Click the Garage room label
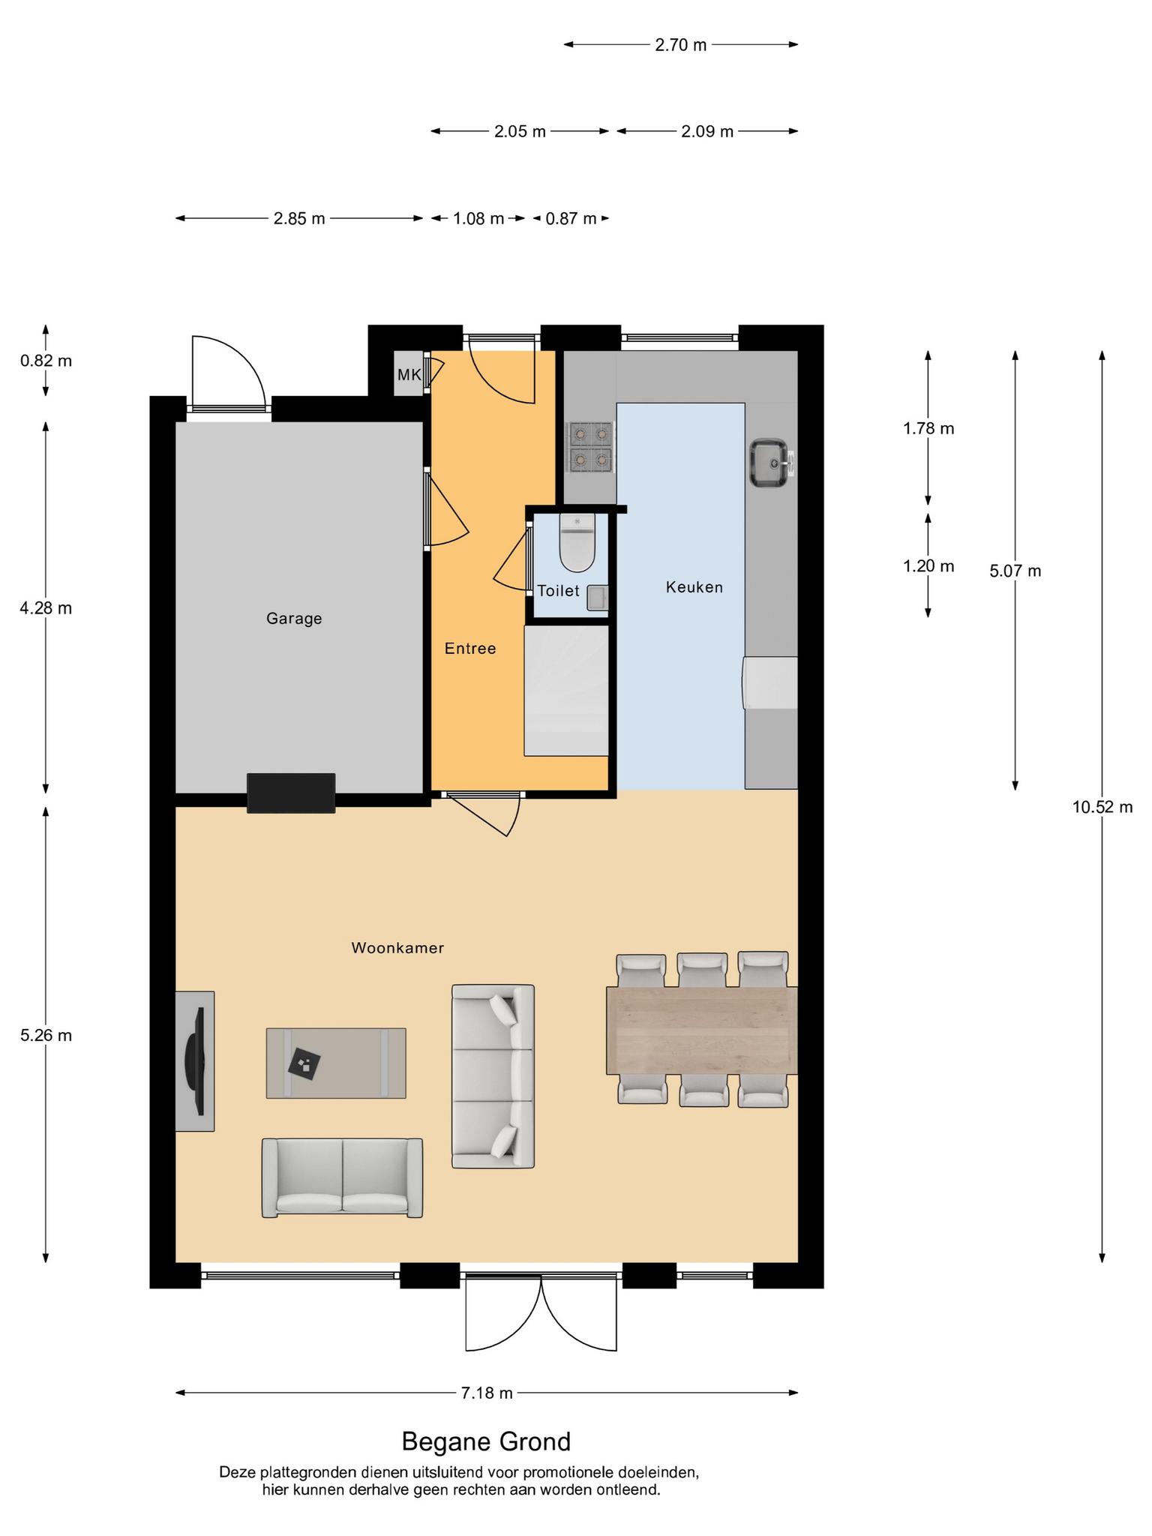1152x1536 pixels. (x=294, y=619)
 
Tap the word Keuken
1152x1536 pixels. (x=694, y=587)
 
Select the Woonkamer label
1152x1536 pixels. (x=397, y=948)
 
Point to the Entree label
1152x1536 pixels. (x=470, y=649)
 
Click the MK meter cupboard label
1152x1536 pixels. (x=409, y=374)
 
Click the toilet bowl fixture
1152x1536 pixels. (x=577, y=542)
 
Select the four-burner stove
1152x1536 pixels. (x=591, y=448)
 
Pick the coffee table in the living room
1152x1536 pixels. (x=336, y=1063)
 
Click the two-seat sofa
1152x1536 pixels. (x=342, y=1178)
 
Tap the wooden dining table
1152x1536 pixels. (x=702, y=1030)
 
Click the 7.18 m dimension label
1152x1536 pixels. (x=487, y=1393)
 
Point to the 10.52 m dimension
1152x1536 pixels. (x=1102, y=807)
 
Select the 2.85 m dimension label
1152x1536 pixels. (x=299, y=219)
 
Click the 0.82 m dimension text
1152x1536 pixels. (x=46, y=361)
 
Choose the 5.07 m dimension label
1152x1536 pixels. (x=1015, y=571)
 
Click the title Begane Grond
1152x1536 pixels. (x=486, y=1441)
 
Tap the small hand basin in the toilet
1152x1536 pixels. (x=597, y=598)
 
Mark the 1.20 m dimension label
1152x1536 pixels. (x=928, y=566)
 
